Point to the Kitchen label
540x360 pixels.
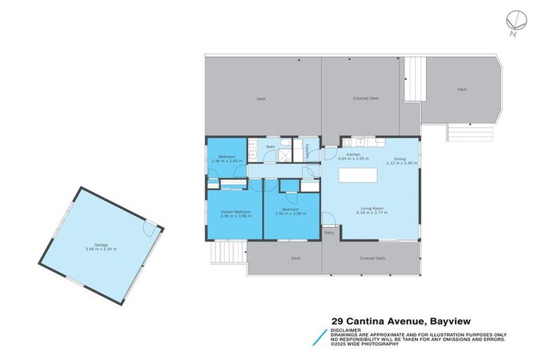[x=354, y=155]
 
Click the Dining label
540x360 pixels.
[x=400, y=160]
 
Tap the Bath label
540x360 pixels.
[x=270, y=147]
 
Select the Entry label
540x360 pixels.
[x=328, y=233]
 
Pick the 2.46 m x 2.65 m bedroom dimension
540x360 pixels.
[x=226, y=161]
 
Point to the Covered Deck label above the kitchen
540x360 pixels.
[x=365, y=98]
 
